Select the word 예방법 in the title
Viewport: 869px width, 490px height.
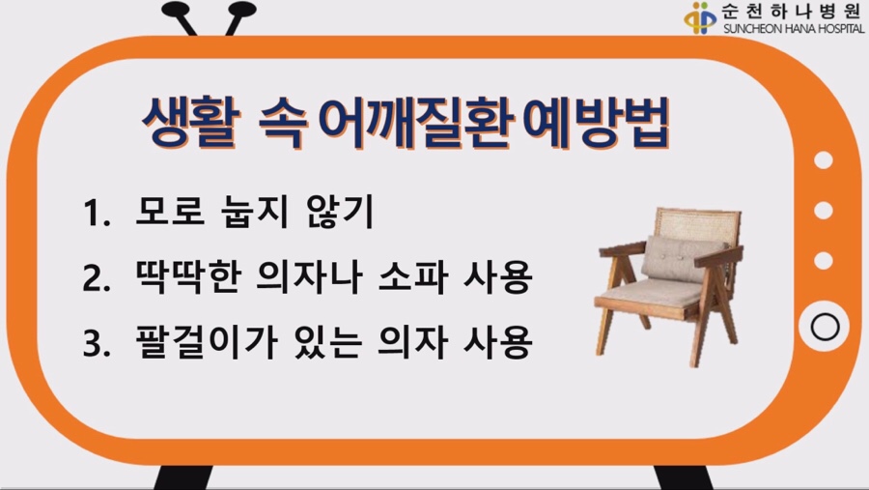(597, 123)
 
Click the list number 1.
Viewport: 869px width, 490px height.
(96, 214)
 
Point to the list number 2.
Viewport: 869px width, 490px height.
(96, 278)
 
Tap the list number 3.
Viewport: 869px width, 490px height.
(96, 342)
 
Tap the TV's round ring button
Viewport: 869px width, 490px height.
(825, 327)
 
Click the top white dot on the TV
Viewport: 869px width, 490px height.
(824, 160)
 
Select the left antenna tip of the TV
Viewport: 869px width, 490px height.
(176, 9)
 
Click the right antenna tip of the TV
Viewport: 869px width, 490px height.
(242, 9)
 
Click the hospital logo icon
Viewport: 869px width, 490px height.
(701, 17)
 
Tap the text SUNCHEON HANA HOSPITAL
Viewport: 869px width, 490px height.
(794, 28)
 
